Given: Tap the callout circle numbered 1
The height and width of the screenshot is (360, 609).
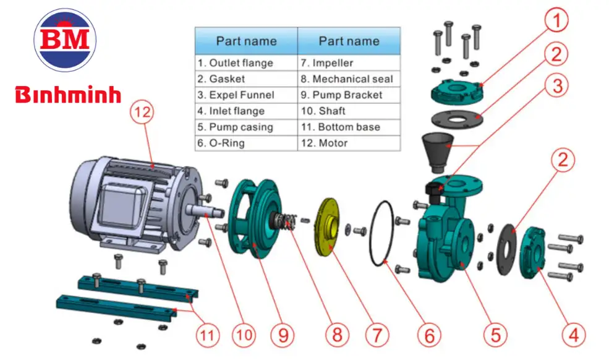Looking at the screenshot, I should [x=557, y=22].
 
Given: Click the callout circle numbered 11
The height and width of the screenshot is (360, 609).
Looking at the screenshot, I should [x=208, y=335].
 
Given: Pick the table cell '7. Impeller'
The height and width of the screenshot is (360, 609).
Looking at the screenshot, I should [x=349, y=63].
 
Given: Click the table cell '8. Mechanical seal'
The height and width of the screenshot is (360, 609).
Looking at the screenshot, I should [x=349, y=79].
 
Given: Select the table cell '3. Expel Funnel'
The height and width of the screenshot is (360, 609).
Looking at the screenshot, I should [x=245, y=95].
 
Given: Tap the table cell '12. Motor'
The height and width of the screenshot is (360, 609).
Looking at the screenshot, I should [x=349, y=144].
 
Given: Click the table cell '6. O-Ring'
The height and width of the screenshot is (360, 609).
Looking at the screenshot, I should [x=245, y=144].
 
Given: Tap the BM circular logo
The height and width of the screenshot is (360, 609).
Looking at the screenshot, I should [x=66, y=40].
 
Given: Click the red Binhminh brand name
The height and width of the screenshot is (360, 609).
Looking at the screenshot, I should [x=68, y=95].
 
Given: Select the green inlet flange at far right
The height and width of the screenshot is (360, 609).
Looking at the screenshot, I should [x=534, y=251].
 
